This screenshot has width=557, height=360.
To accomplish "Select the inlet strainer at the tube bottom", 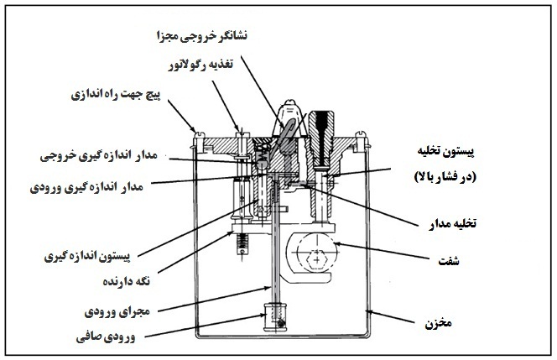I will coord(276,317).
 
